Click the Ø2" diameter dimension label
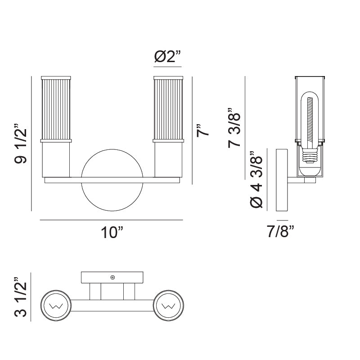[167, 57]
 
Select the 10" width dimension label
[112, 233]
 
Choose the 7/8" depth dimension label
[280, 232]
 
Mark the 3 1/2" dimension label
[21, 297]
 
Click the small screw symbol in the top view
[112, 277]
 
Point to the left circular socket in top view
[55, 307]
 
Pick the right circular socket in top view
[169, 307]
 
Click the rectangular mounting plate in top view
[112, 277]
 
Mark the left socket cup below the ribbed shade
[56, 160]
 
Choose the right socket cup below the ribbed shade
[168, 160]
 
